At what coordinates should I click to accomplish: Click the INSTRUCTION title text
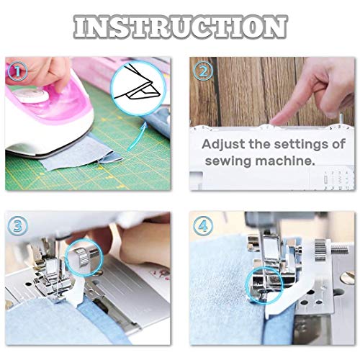(180, 26)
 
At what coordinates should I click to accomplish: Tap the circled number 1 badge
(17, 71)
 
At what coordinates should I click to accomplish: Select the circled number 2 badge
(203, 71)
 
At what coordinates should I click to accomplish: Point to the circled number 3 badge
(17, 225)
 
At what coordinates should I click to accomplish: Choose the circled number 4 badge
(203, 225)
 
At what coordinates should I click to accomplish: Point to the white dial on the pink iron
(31, 96)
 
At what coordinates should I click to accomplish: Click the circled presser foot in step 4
(264, 287)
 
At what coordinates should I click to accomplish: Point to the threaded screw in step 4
(339, 251)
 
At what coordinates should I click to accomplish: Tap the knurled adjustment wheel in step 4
(320, 250)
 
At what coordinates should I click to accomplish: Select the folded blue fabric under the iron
(81, 153)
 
